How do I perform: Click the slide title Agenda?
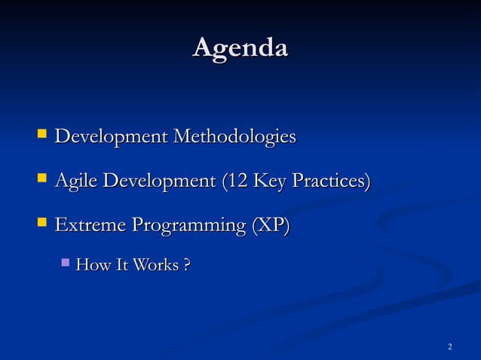pyautogui.click(x=240, y=48)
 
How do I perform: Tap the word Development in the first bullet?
pyautogui.click(x=112, y=138)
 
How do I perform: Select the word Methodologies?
pyautogui.click(x=234, y=138)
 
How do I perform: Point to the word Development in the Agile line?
pyautogui.click(x=159, y=182)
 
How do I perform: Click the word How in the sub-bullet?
pyautogui.click(x=93, y=265)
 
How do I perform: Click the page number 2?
pyautogui.click(x=449, y=346)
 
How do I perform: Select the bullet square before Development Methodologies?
pyautogui.click(x=41, y=136)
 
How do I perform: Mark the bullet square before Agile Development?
pyautogui.click(x=41, y=180)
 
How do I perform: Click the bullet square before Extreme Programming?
pyautogui.click(x=41, y=224)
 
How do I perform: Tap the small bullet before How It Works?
pyautogui.click(x=66, y=264)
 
